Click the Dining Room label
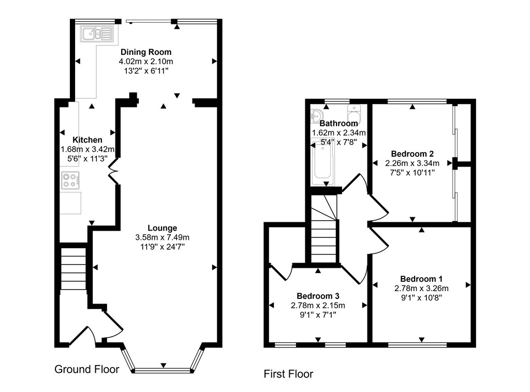click(146, 52)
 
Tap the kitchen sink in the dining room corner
click(97, 35)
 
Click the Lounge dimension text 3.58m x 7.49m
click(162, 237)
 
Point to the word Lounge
click(162, 228)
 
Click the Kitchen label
click(87, 140)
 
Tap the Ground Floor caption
click(87, 369)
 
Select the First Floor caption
click(288, 374)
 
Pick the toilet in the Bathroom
click(354, 111)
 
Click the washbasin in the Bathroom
click(316, 115)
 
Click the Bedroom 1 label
click(421, 279)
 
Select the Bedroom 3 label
click(318, 296)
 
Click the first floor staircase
click(325, 230)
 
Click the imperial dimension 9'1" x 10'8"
click(421, 297)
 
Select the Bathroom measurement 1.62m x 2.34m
click(338, 133)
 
